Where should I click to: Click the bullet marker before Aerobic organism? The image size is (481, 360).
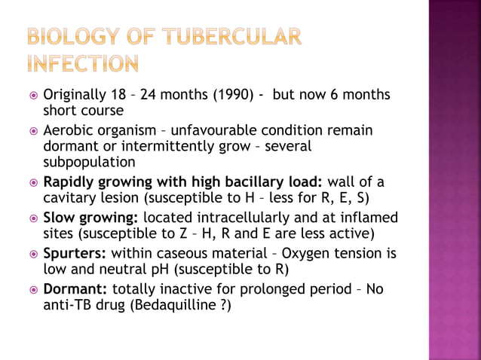coord(31,131)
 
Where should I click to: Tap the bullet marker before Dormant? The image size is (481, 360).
coord(31,289)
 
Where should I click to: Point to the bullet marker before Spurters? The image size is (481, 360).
coord(31,254)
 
